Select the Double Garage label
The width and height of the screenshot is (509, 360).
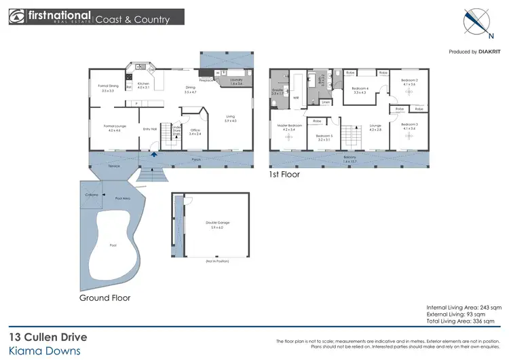214,224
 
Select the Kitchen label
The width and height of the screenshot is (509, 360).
143,85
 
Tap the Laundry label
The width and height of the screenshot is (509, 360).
235,81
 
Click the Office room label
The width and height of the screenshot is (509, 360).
195,132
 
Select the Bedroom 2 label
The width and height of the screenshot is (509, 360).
408,82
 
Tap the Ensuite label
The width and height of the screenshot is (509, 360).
277,92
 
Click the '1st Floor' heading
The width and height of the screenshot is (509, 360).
284,175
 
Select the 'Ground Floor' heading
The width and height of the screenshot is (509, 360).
105,298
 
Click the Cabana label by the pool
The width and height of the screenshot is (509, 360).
92,195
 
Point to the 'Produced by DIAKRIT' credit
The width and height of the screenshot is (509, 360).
475,52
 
